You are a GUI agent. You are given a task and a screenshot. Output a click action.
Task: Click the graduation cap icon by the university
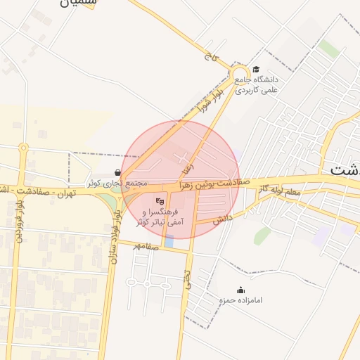click(x=256, y=70)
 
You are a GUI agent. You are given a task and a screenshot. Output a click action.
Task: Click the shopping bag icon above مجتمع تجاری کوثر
click(x=117, y=172)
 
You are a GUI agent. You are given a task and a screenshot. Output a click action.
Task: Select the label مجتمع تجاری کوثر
click(x=117, y=183)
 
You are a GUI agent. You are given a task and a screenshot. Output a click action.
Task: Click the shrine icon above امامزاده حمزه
click(x=241, y=290)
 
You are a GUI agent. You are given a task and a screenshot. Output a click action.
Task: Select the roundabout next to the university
click(x=239, y=73)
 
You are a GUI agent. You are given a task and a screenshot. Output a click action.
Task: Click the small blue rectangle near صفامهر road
click(x=169, y=242)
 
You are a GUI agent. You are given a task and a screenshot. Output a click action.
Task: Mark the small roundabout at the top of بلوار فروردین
click(x=23, y=148)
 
